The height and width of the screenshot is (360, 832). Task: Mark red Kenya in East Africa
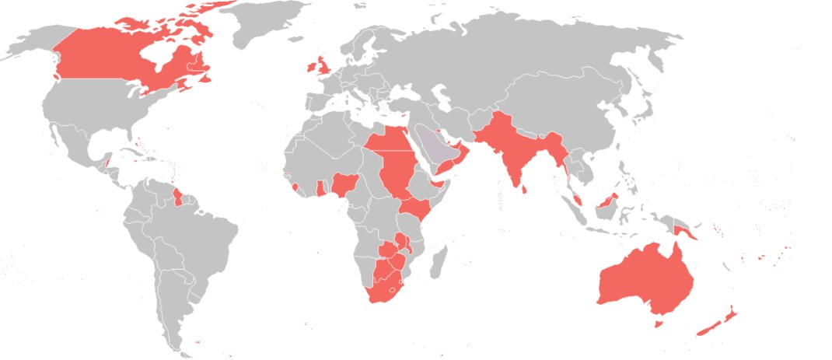418,208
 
